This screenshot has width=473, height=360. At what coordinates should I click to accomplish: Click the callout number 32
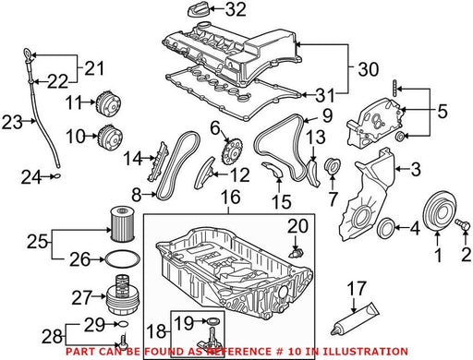(236, 10)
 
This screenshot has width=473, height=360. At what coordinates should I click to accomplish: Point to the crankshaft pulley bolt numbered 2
(463, 224)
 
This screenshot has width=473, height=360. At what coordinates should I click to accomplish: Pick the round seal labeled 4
(385, 228)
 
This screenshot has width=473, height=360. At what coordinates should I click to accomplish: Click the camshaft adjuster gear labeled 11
(108, 103)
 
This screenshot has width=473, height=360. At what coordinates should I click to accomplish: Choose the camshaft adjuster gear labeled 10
(110, 138)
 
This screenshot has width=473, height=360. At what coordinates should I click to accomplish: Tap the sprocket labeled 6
(232, 151)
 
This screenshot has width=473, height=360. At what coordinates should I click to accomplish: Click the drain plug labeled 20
(297, 254)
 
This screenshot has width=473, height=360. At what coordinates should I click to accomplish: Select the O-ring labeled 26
(122, 259)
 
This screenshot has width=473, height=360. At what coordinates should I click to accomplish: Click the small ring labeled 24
(57, 176)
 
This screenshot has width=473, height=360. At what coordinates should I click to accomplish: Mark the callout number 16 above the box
(230, 197)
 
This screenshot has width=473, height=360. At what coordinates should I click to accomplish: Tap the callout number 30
(369, 69)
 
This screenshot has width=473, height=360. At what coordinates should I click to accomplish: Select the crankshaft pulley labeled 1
(440, 210)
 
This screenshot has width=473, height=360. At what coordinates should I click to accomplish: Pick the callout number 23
(12, 122)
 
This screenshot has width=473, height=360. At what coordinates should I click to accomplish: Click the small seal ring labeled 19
(212, 321)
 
